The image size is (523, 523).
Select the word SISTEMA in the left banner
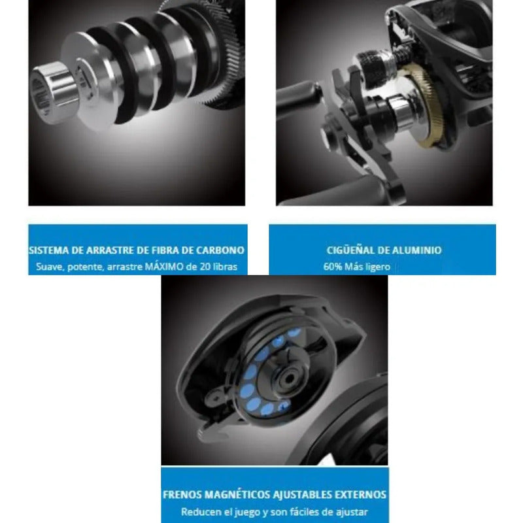tap(48, 250)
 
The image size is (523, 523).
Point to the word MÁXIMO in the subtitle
tap(165, 267)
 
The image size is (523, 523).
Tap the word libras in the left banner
tap(225, 267)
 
